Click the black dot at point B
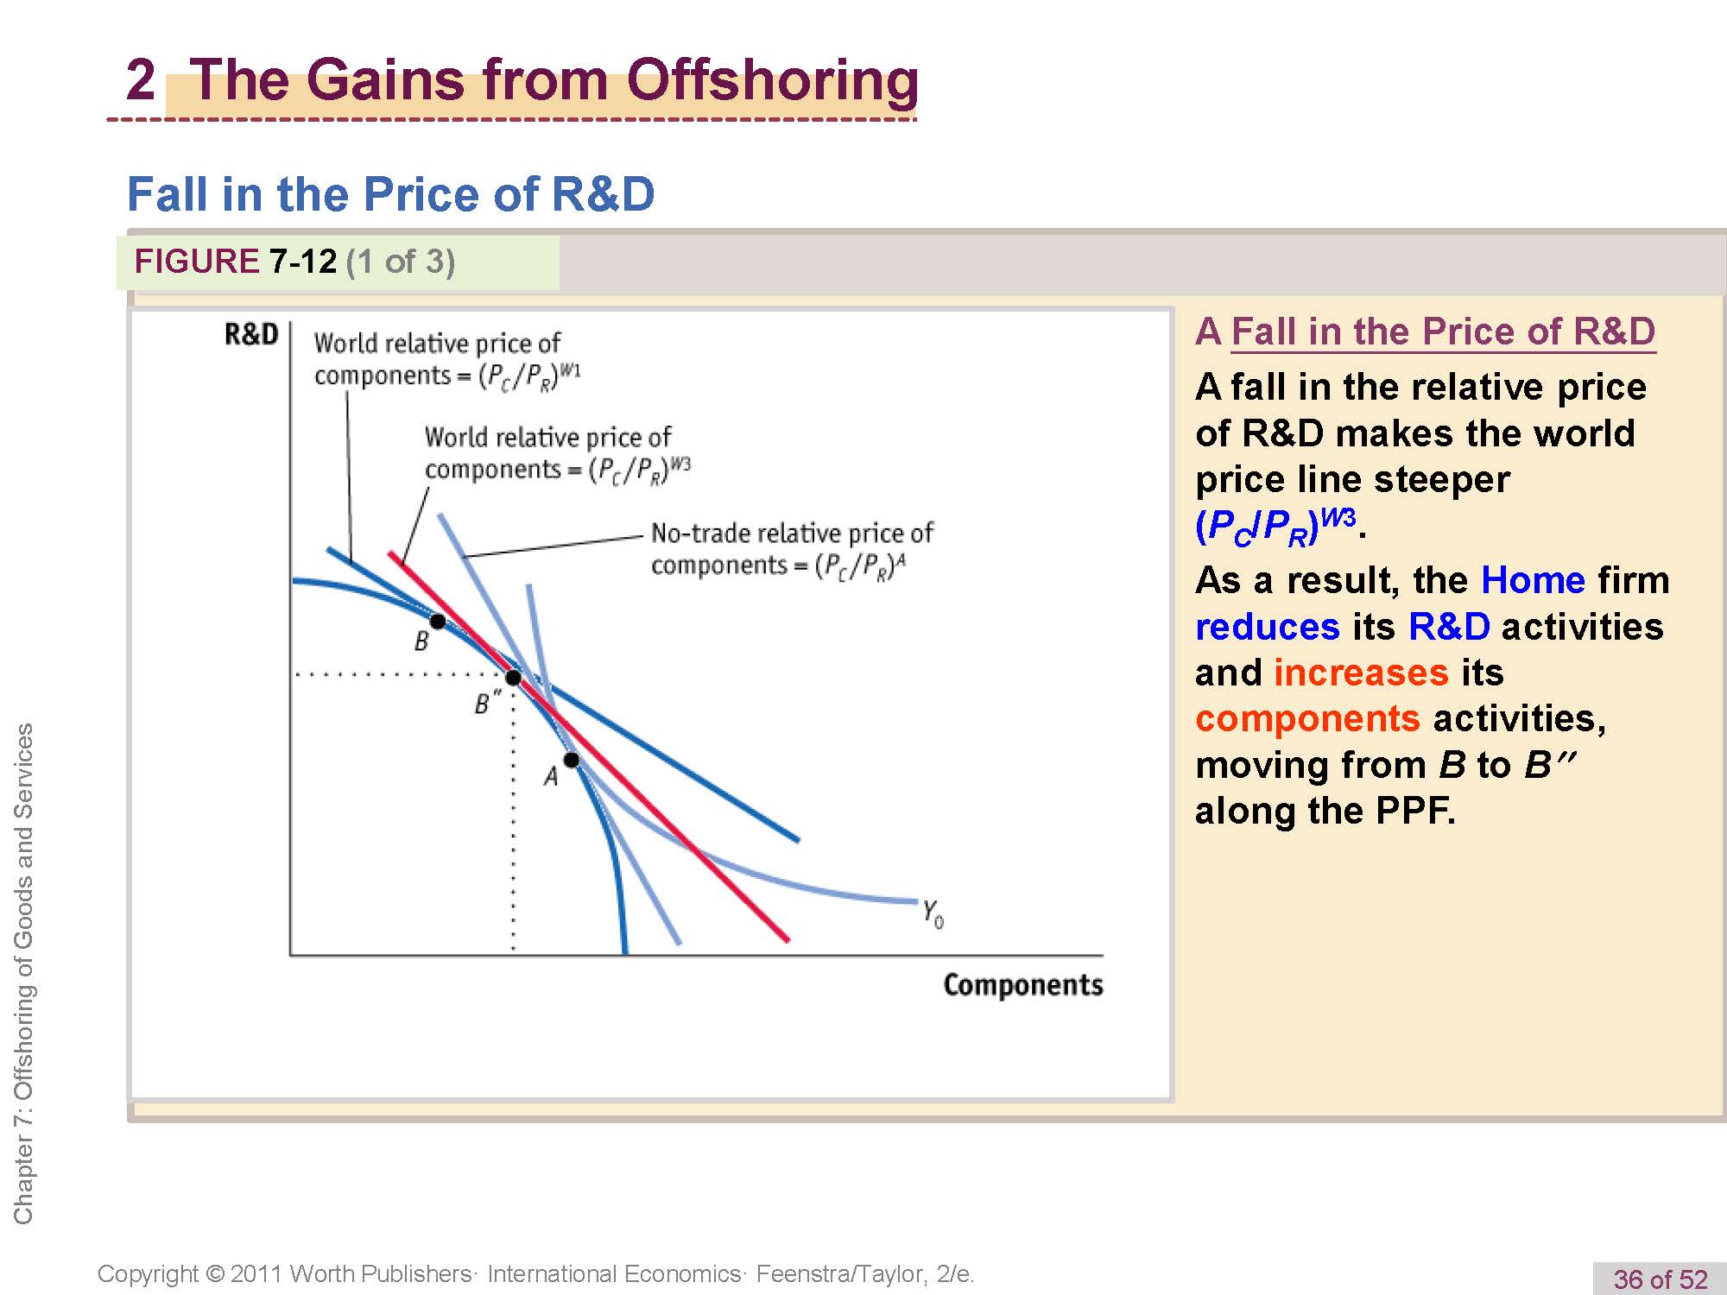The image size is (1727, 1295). [x=438, y=622]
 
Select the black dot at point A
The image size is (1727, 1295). [x=572, y=760]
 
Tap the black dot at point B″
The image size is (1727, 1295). [x=513, y=678]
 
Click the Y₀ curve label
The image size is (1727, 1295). [x=933, y=913]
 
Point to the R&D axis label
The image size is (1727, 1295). [x=251, y=334]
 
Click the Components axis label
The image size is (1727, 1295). [x=1023, y=985]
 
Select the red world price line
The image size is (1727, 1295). [x=588, y=747]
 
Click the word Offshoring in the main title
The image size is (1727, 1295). [x=773, y=79]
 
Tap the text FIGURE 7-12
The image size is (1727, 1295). [x=235, y=261]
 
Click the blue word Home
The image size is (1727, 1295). [x=1533, y=580]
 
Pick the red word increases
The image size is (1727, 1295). [x=1361, y=673]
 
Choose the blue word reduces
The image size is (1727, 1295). [x=1268, y=627]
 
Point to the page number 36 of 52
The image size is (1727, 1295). [x=1661, y=1279]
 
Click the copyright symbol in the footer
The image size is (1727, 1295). [x=216, y=1274]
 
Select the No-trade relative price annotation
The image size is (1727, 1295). [x=792, y=549]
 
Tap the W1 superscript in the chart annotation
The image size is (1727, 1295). [x=571, y=370]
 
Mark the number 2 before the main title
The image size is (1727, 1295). [x=141, y=79]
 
